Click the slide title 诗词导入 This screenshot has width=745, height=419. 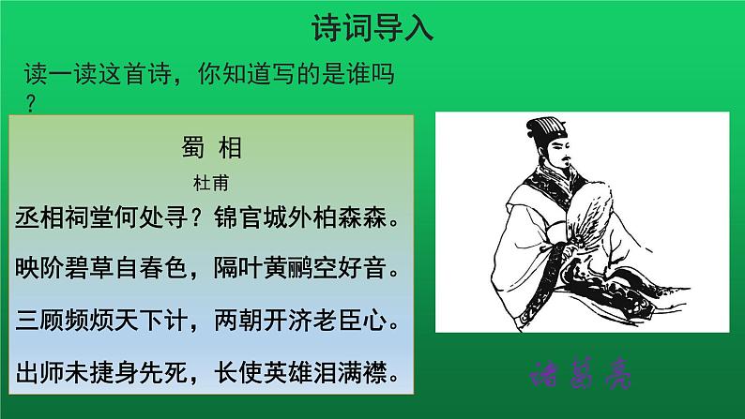[372, 30]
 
